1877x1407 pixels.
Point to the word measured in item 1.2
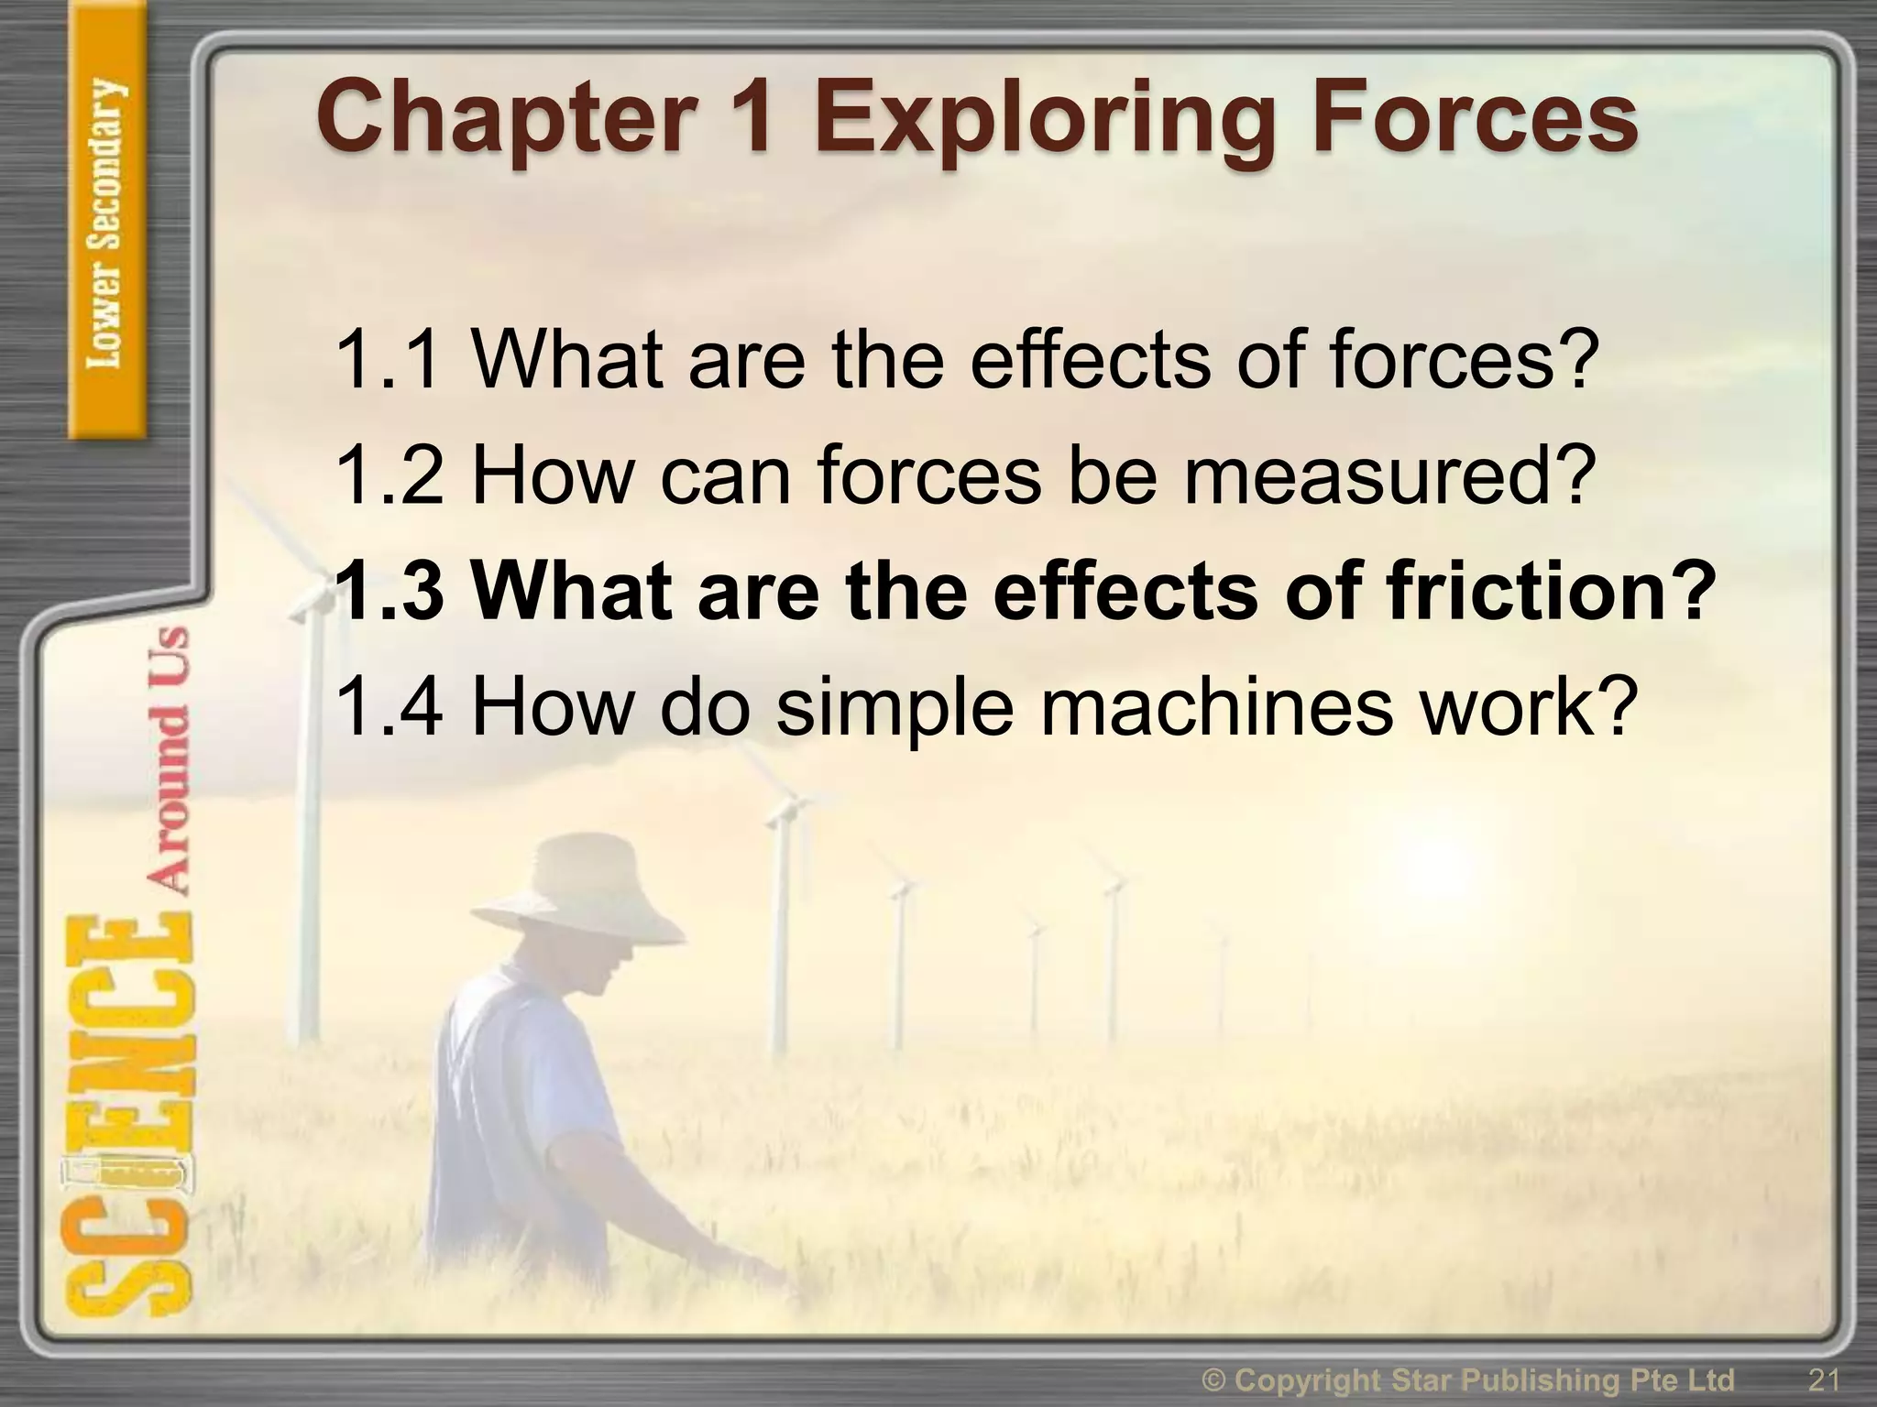(1384, 476)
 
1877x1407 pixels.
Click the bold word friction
(1549, 592)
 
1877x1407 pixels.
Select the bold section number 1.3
(390, 592)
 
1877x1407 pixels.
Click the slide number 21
(1824, 1380)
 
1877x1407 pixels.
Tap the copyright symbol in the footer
(1215, 1380)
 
